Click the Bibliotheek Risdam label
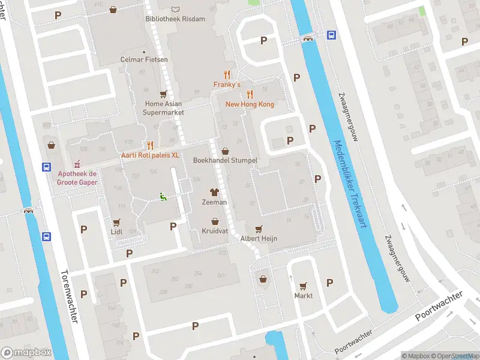[x=175, y=19]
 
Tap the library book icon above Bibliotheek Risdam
[x=175, y=9]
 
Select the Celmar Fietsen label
[x=144, y=60]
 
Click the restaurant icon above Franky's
[x=227, y=74]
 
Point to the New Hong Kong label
[x=250, y=104]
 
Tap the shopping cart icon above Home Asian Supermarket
[x=163, y=94]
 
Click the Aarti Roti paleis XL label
[x=150, y=155]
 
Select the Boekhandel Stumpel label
[x=225, y=161]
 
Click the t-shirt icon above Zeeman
[x=214, y=193]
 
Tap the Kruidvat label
[x=214, y=231]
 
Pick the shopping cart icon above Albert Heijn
[x=259, y=229]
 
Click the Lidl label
[x=116, y=231]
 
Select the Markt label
[x=304, y=296]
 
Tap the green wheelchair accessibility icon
[x=163, y=195]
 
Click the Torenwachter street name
[x=69, y=296]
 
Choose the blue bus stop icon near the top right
[x=331, y=35]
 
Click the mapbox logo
[x=26, y=353]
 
